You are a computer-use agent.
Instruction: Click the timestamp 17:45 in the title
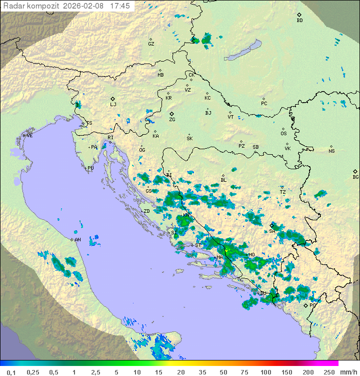(x=119, y=6)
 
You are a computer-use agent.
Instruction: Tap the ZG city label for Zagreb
(x=172, y=120)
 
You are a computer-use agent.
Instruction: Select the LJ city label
(x=113, y=105)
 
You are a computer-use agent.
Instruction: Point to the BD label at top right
(x=299, y=21)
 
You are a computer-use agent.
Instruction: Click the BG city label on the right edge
(x=355, y=177)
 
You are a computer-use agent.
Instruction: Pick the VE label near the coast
(x=29, y=136)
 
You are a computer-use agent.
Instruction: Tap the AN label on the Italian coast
(x=77, y=240)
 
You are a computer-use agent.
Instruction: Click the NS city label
(x=331, y=151)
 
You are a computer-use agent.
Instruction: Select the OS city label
(x=283, y=134)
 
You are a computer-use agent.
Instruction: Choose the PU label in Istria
(x=90, y=168)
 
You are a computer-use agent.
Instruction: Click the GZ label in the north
(x=151, y=44)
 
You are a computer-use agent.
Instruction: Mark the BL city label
(x=223, y=180)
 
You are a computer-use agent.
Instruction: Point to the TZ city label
(x=282, y=192)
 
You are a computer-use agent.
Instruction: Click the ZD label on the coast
(x=146, y=211)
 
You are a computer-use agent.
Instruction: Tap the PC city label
(x=264, y=104)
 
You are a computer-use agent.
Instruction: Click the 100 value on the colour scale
(x=265, y=372)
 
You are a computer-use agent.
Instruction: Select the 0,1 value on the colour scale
(x=11, y=372)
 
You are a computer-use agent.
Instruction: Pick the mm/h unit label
(x=347, y=372)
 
